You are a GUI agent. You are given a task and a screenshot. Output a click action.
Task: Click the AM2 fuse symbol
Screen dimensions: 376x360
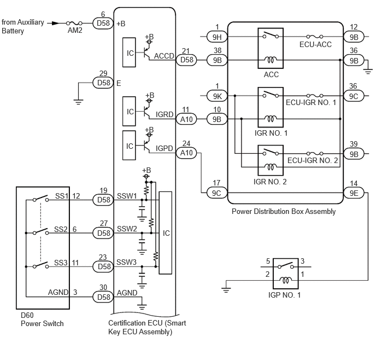(74, 24)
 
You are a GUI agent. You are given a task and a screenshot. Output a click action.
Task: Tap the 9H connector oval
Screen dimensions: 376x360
(217, 37)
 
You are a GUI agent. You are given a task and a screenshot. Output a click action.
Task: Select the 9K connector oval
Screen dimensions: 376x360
(217, 96)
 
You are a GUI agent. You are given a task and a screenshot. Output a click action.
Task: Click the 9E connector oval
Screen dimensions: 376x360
(354, 193)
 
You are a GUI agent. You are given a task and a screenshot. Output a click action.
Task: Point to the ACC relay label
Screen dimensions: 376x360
(271, 74)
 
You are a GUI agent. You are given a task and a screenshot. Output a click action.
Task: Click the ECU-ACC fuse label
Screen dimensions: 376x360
(315, 44)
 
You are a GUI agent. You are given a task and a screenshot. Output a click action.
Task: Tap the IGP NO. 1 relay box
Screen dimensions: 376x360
(286, 274)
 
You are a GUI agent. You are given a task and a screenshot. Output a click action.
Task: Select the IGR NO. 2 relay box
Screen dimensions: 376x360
(271, 160)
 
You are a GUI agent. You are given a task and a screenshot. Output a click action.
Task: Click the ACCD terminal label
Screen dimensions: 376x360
(164, 56)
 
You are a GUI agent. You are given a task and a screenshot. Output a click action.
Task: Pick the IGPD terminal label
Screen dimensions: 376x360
(164, 148)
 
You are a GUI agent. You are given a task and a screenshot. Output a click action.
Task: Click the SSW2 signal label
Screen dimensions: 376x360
(127, 229)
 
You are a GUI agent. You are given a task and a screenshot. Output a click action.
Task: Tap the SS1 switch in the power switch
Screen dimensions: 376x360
(41, 199)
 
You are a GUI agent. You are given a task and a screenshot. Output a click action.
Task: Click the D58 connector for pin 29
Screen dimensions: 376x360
(103, 83)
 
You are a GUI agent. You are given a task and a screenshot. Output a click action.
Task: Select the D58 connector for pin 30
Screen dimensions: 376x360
(103, 297)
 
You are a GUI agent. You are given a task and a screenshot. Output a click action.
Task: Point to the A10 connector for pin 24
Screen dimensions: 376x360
(186, 153)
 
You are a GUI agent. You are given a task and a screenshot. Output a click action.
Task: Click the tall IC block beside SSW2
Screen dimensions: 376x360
(166, 233)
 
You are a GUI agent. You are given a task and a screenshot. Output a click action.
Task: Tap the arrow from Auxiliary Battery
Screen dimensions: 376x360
(53, 24)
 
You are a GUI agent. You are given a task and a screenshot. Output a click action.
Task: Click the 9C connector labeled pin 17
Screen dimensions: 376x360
(217, 193)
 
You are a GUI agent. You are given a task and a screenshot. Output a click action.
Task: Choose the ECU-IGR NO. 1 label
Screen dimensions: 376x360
(311, 102)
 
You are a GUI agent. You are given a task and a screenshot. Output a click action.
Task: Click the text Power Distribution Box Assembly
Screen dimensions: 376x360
(284, 211)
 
